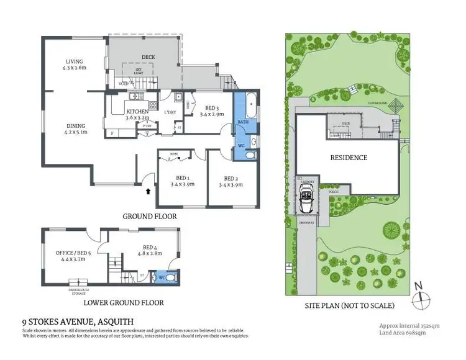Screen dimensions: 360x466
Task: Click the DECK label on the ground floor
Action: [148, 57]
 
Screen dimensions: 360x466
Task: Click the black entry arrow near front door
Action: [147, 192]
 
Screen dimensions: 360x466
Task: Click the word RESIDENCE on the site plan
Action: [348, 158]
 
